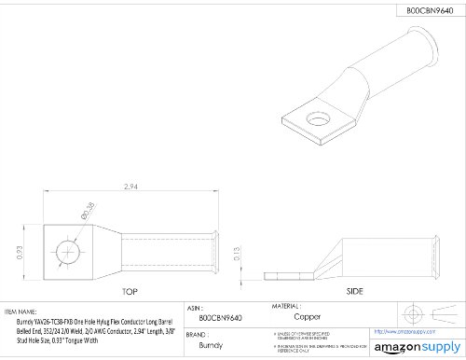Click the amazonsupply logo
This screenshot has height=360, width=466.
[x=411, y=346]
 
